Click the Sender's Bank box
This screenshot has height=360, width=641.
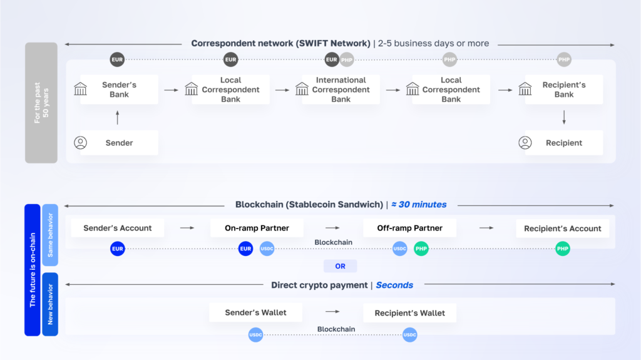coord(119,90)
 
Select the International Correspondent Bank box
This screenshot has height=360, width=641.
coord(341,90)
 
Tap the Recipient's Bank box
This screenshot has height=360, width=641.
coord(563,90)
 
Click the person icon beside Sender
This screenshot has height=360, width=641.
coord(81,143)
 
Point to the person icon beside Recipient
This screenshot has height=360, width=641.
coord(525,143)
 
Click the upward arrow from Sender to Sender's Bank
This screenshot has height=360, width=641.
coord(117,117)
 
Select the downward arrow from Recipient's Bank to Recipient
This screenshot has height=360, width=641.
coord(564,117)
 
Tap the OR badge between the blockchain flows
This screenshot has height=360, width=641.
coord(340,266)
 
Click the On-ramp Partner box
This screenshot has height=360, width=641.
coord(257,228)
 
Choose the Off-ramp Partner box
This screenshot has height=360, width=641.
coord(409,228)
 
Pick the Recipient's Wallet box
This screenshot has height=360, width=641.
coord(409,312)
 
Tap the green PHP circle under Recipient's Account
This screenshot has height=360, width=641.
coord(563,249)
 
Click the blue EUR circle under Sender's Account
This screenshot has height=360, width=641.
coord(117,249)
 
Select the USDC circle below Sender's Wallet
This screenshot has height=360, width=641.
coord(255,336)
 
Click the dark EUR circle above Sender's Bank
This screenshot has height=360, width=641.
coord(117,60)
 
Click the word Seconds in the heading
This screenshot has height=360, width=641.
coord(394,285)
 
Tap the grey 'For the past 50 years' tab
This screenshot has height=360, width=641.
coord(41,103)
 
